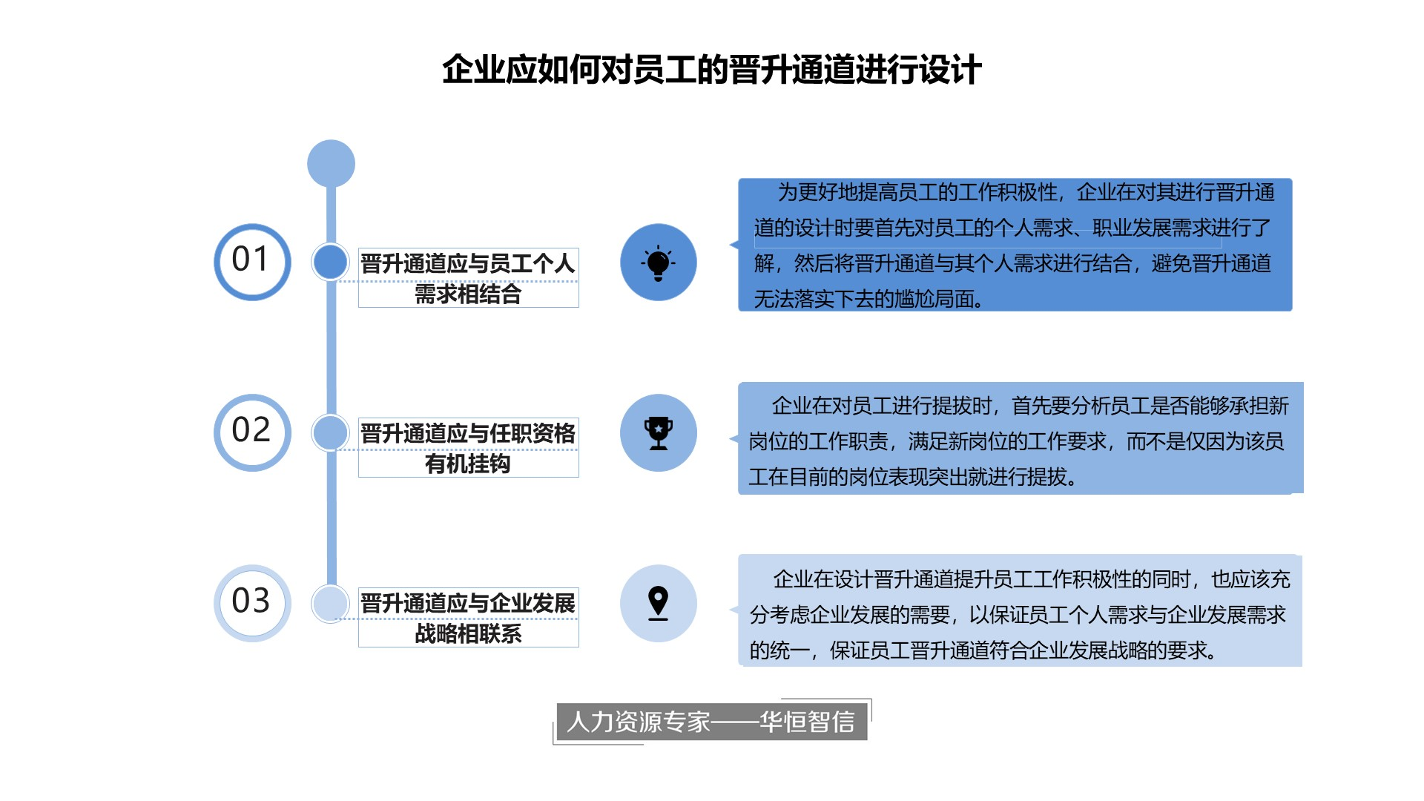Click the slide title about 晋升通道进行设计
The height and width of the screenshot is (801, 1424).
click(x=712, y=70)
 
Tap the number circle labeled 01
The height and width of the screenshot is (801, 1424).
click(x=252, y=262)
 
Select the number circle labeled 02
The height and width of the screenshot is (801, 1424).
click(x=252, y=432)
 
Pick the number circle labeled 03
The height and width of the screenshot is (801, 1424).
click(x=252, y=603)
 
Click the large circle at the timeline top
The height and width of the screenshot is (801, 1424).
click(x=331, y=163)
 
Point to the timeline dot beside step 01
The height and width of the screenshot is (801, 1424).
click(x=330, y=262)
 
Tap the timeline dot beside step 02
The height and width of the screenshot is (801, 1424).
click(x=330, y=432)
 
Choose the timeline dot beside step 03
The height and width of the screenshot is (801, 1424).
click(x=330, y=603)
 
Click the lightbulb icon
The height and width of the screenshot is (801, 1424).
click(x=658, y=263)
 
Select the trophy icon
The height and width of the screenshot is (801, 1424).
click(x=658, y=433)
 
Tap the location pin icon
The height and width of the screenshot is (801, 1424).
click(x=658, y=603)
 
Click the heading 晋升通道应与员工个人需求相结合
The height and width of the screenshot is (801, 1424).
click(x=468, y=278)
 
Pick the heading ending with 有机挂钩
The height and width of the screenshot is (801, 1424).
click(x=468, y=448)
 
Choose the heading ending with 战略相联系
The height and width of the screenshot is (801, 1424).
click(x=468, y=618)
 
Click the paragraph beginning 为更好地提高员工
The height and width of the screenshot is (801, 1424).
click(x=1015, y=245)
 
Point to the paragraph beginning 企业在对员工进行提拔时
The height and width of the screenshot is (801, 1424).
click(x=1020, y=441)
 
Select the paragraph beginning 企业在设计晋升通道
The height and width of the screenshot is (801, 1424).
click(x=1020, y=614)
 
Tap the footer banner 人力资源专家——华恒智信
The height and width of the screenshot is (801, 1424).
click(x=711, y=722)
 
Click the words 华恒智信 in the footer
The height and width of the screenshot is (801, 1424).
click(x=807, y=722)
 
